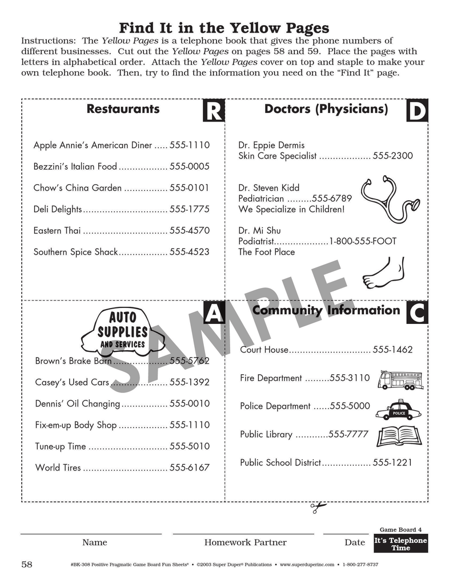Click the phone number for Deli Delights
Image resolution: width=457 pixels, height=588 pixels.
[190, 209]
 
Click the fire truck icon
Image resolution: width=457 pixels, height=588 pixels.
[400, 380]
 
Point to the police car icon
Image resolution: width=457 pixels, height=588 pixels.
[399, 409]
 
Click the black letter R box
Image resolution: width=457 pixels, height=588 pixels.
[214, 111]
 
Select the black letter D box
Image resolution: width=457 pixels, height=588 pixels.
[417, 111]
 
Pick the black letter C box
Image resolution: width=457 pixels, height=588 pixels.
[417, 313]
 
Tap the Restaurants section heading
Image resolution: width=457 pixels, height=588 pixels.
[123, 109]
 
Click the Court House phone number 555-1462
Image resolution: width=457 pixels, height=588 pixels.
[392, 350]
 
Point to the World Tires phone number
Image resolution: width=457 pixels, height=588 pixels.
[190, 468]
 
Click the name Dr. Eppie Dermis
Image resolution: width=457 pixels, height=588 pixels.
[271, 145]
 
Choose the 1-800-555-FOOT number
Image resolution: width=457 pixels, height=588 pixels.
[362, 241]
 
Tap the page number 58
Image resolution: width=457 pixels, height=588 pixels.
[27, 565]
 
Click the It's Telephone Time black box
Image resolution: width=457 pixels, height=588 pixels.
[400, 544]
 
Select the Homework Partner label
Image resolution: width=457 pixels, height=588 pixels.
[245, 542]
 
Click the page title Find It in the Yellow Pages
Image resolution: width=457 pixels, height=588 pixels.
[224, 28]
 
